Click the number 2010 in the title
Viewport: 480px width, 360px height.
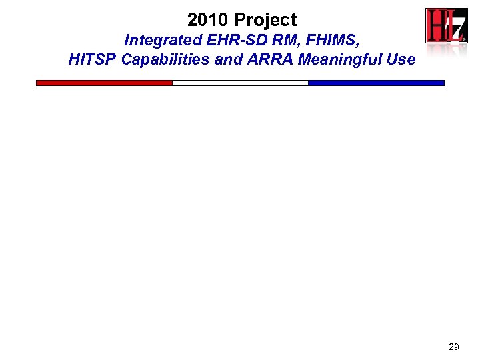208,20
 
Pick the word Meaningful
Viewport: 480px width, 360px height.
343,60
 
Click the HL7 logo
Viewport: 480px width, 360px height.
447,27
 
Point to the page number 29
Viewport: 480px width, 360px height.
453,347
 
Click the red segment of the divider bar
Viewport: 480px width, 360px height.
104,83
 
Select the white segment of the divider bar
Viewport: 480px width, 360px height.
240,83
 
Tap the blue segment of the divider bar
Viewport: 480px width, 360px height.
376,83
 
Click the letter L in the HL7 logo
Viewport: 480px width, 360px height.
448,27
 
